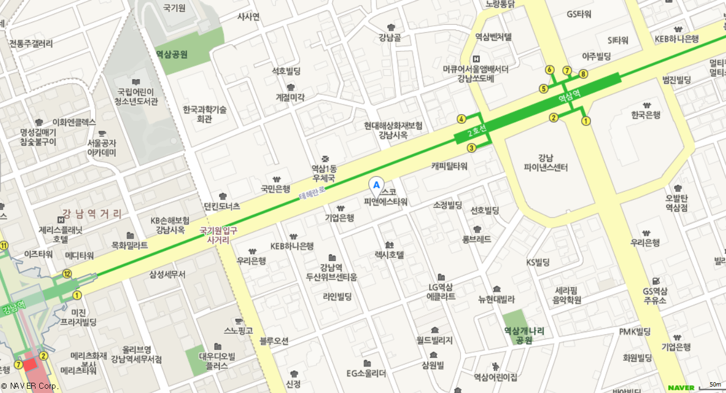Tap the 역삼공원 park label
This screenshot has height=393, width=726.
[x=171, y=54]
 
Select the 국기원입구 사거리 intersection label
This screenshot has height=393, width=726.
[x=219, y=235]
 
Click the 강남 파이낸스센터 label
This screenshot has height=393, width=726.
[x=546, y=163]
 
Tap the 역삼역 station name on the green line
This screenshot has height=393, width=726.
[x=569, y=95]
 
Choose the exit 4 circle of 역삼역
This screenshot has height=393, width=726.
[x=461, y=119]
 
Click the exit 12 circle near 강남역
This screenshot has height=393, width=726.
[x=67, y=273]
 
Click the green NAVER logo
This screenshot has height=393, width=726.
[x=681, y=388]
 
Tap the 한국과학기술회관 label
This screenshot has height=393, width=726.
[x=204, y=114]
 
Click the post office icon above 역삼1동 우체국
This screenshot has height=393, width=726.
[x=325, y=159]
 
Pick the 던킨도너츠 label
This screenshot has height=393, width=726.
[x=222, y=206]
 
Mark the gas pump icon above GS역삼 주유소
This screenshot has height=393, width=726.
[x=655, y=280]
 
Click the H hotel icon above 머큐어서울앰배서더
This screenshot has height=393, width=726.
[x=476, y=59]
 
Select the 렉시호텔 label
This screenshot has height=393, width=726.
[x=389, y=255]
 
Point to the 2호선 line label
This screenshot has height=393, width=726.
[x=477, y=131]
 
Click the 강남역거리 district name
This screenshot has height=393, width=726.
[x=92, y=214]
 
